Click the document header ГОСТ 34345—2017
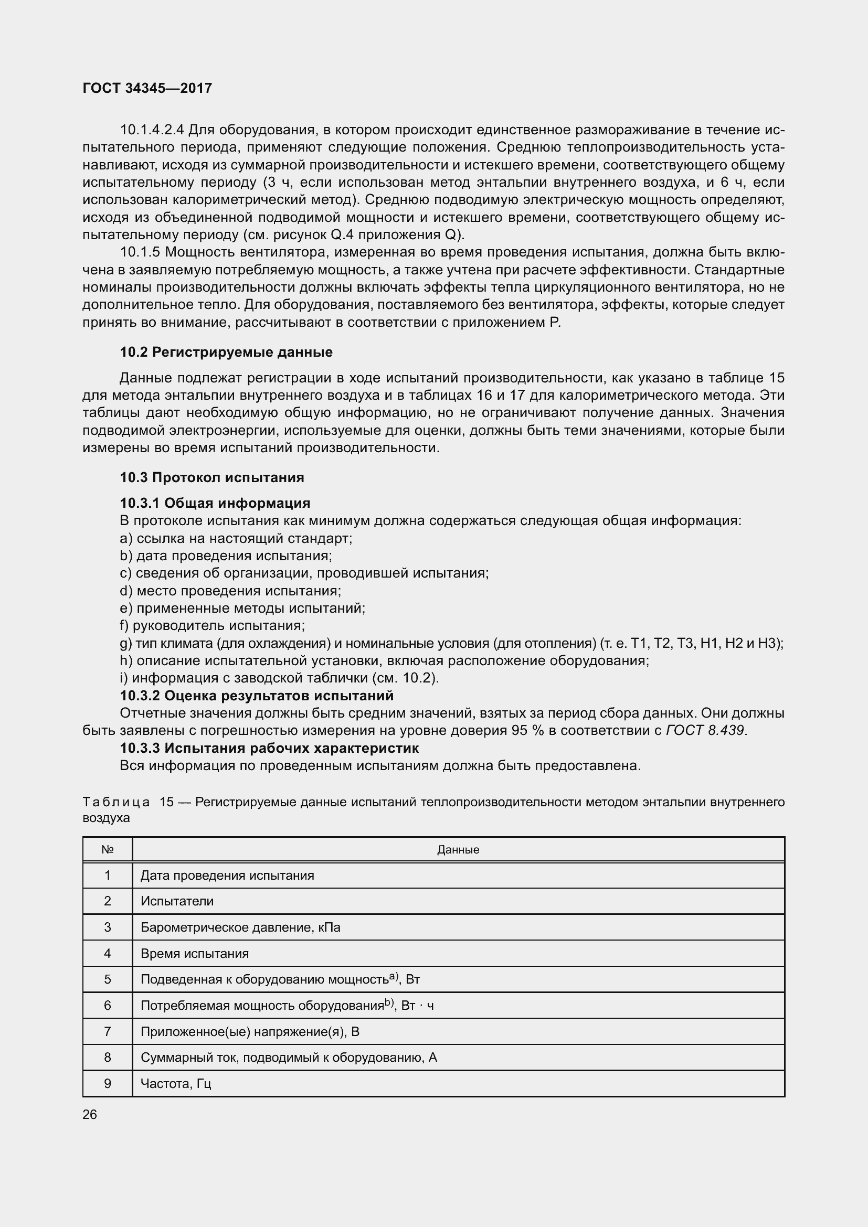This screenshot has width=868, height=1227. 147,88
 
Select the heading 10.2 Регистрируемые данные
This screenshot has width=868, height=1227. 226,352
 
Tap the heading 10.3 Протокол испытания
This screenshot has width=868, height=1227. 211,477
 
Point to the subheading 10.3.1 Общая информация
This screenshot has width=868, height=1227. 215,503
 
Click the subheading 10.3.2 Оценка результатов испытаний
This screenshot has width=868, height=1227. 257,695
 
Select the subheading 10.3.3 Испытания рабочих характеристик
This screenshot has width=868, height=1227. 269,748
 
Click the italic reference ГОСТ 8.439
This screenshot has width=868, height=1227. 706,730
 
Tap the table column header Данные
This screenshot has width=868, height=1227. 458,850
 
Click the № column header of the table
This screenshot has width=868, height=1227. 108,850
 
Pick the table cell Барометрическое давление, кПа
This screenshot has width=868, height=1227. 240,927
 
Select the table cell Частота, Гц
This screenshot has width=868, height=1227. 176,1083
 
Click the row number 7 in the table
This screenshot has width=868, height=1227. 108,1031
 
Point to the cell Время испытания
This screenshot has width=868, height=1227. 195,953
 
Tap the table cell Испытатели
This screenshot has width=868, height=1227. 177,901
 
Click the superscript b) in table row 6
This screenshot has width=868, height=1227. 389,1002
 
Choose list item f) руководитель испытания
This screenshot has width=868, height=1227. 213,625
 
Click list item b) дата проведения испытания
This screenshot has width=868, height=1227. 226,556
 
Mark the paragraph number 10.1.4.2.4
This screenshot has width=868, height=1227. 152,130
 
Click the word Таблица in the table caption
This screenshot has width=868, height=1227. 116,802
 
